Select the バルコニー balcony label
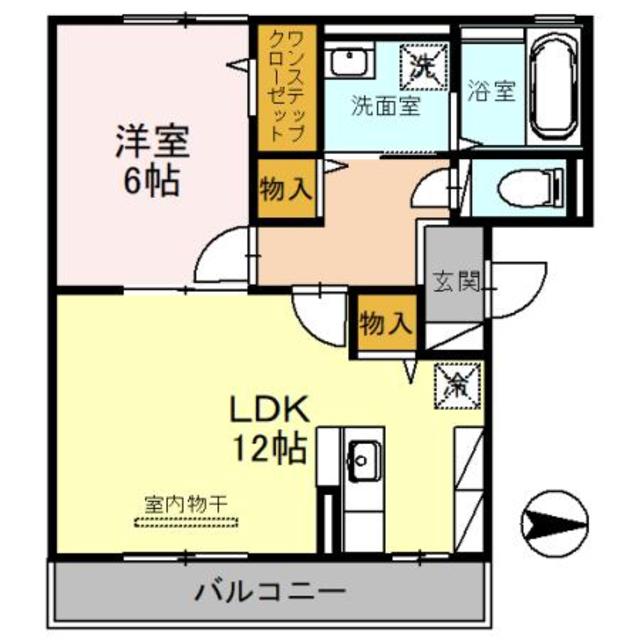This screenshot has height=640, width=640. click(x=270, y=590)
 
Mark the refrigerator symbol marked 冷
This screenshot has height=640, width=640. click(x=456, y=385)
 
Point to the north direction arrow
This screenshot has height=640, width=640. click(x=555, y=521)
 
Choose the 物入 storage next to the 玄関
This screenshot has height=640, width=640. click(x=384, y=324)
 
